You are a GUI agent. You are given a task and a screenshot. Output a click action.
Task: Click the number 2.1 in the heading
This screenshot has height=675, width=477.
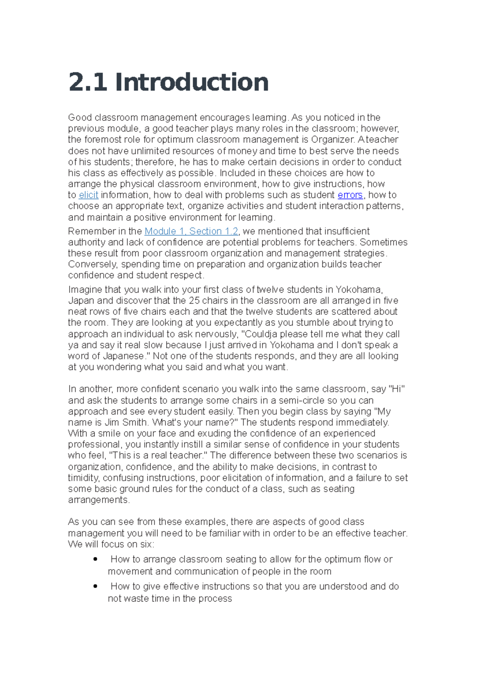tap(87, 82)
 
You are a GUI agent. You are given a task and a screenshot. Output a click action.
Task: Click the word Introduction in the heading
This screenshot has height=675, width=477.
tap(192, 82)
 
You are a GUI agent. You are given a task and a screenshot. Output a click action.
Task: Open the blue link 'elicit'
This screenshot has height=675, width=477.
tap(88, 195)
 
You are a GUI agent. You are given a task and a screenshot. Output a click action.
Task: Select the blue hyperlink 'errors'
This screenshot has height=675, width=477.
tap(350, 195)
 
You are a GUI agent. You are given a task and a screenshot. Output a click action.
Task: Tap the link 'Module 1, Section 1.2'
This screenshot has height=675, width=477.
tap(191, 231)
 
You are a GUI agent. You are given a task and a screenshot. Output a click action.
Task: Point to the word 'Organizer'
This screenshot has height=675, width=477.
tap(332, 140)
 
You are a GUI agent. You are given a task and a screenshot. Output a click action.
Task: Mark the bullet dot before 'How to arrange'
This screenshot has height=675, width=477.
tap(95, 559)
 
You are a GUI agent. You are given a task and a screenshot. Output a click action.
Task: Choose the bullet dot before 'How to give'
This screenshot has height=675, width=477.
tap(95, 586)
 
